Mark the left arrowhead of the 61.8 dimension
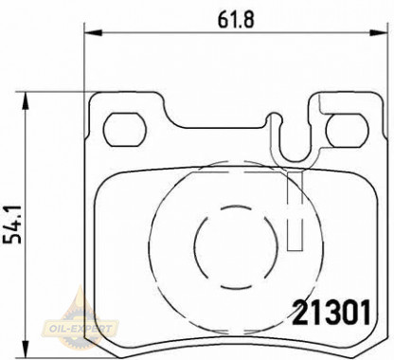coord(91,34)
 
